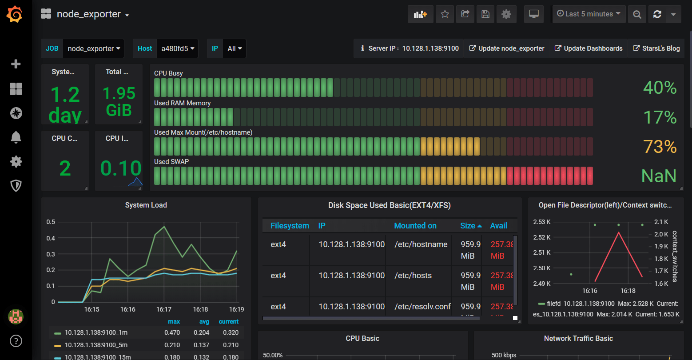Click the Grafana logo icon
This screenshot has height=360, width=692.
(14, 14)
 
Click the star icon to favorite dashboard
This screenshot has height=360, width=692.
(445, 14)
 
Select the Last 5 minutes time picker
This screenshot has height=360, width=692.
(589, 14)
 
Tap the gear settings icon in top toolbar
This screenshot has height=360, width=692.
(506, 14)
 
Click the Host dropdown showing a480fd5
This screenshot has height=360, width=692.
(177, 48)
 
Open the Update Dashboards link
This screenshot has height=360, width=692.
(589, 48)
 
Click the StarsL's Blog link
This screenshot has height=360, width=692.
(656, 48)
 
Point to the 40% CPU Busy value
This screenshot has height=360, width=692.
(660, 88)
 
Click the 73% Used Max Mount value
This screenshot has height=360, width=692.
(660, 147)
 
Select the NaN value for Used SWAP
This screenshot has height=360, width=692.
(659, 176)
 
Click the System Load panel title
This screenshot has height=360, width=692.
(146, 205)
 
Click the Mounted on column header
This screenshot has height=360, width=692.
(415, 226)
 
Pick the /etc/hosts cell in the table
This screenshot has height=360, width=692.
(413, 276)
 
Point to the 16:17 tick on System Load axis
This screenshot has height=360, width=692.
(164, 309)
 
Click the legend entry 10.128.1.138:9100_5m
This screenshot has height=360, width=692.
(96, 345)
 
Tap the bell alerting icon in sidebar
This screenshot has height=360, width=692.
(16, 137)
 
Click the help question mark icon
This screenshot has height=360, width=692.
(16, 341)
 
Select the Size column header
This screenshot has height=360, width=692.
(468, 226)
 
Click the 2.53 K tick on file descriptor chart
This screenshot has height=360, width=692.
(541, 222)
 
